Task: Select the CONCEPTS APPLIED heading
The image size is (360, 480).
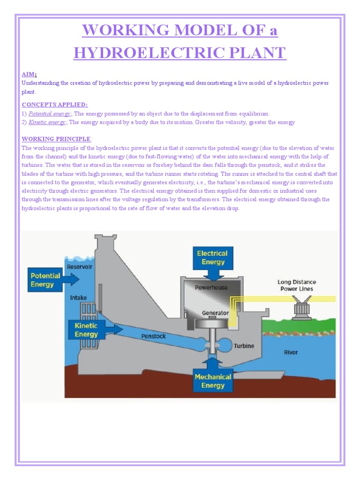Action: [x=55, y=105]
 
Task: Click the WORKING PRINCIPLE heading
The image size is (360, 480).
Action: [x=56, y=139]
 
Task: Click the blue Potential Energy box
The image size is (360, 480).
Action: [x=45, y=280]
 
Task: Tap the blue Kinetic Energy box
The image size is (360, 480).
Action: [x=86, y=330]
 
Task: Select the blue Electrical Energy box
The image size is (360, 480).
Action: [x=212, y=257]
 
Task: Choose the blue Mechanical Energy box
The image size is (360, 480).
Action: [x=213, y=381]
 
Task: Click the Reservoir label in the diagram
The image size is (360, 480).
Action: [x=80, y=267]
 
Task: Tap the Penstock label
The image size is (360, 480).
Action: [x=153, y=336]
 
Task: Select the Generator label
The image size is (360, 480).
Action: [x=216, y=313]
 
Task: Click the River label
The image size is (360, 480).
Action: [x=291, y=352]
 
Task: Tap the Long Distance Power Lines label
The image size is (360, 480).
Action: [x=297, y=285]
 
